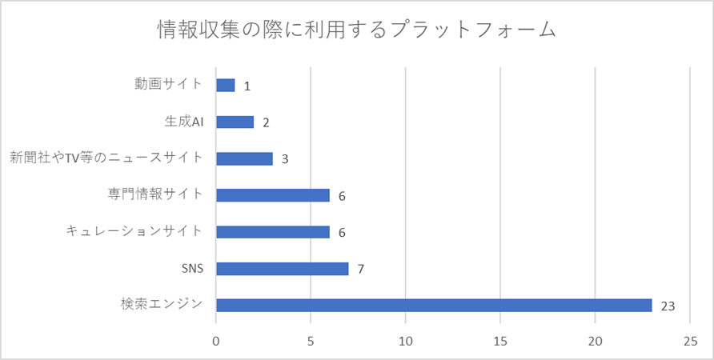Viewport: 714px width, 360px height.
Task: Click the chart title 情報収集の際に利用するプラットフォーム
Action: point(356,30)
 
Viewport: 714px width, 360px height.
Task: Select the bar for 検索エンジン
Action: point(434,305)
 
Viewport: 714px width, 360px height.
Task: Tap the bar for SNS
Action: point(282,268)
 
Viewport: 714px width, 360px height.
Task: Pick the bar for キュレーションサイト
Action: point(272,232)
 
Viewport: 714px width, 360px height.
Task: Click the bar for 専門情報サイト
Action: point(272,195)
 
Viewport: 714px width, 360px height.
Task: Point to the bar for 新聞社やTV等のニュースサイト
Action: point(244,158)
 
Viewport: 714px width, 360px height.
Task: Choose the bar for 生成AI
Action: point(235,122)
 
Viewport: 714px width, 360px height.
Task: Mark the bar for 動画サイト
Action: point(225,85)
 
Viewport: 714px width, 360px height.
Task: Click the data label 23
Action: point(668,306)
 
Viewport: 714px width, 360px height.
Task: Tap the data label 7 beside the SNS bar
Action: point(361,269)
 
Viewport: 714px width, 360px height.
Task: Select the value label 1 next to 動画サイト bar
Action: point(247,86)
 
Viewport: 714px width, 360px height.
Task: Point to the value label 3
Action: point(285,159)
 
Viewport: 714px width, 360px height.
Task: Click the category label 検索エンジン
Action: point(162,304)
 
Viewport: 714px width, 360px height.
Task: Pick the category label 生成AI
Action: point(183,122)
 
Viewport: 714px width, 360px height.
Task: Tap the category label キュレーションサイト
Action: point(135,231)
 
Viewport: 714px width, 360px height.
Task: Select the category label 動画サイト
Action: point(169,84)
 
